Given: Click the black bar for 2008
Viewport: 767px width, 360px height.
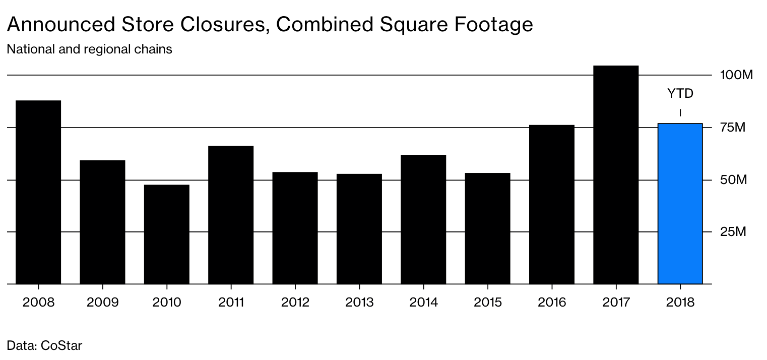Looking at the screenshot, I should click(x=38, y=192).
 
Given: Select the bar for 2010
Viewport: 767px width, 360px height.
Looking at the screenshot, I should click(x=167, y=234).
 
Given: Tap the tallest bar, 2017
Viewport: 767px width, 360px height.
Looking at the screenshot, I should click(x=616, y=175).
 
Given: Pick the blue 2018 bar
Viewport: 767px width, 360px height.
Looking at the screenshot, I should click(x=680, y=204).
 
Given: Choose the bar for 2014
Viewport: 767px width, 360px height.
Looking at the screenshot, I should click(x=423, y=219).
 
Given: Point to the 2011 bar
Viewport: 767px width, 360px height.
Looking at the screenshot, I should click(x=231, y=215).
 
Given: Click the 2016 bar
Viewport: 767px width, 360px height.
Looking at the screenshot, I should click(x=552, y=204).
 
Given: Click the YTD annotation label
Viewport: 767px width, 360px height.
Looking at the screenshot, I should click(x=680, y=94).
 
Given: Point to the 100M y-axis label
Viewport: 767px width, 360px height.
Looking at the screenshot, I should click(x=736, y=76).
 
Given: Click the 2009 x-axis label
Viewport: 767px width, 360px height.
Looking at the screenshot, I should click(x=103, y=303).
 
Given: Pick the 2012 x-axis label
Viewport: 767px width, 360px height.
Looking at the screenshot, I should click(x=295, y=303).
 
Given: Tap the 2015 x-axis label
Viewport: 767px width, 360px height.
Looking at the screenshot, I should click(x=488, y=303).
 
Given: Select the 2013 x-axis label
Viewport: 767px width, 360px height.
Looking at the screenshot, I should click(x=359, y=303).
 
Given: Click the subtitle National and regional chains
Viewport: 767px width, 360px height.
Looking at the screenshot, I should click(x=89, y=49).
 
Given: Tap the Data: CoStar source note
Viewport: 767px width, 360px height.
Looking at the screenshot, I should click(x=44, y=346).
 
